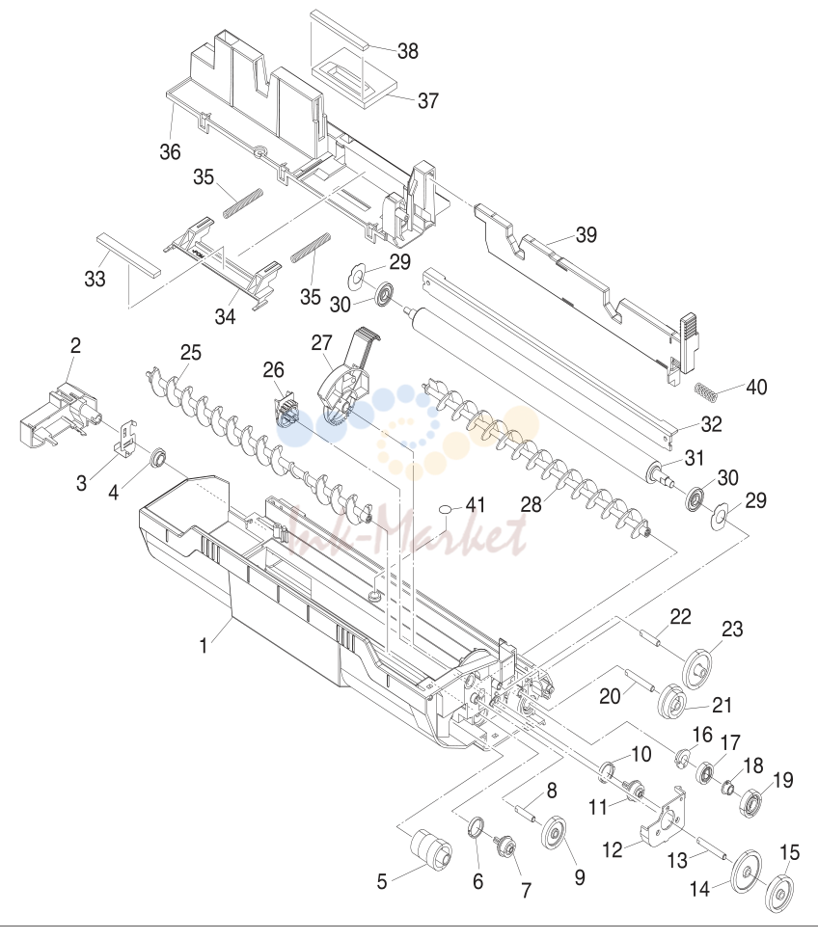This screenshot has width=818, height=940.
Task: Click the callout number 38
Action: [x=408, y=51]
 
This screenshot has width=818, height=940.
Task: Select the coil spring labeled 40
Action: [x=706, y=392]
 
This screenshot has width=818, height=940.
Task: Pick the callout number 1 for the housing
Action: [x=204, y=646]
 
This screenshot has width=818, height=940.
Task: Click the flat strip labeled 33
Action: [x=129, y=254]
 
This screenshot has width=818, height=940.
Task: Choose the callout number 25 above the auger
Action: [x=191, y=353]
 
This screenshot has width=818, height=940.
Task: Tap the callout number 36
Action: [x=171, y=151]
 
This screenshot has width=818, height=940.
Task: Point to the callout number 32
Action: [x=711, y=424]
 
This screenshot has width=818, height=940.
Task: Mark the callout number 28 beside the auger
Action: [x=532, y=505]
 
